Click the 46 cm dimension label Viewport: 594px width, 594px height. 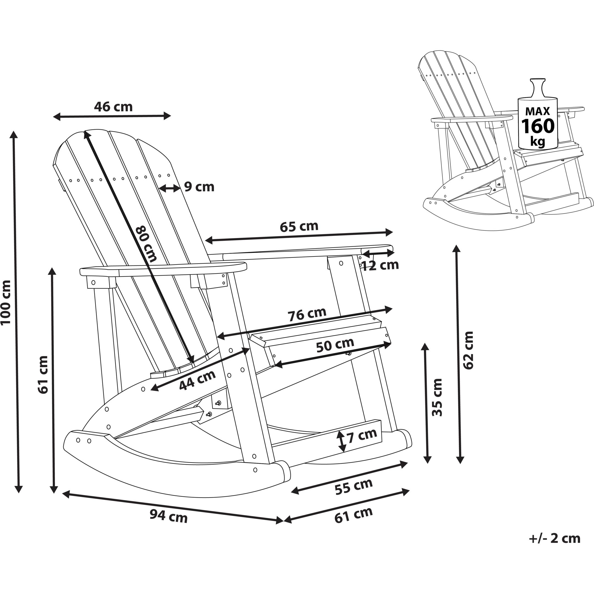[x=113, y=107]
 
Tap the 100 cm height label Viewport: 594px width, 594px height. [x=6, y=302]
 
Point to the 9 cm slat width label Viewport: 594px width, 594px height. [x=199, y=187]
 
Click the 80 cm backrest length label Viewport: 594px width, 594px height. [x=146, y=244]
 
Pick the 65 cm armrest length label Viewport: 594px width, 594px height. [x=299, y=226]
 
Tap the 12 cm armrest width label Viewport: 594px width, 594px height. [x=380, y=265]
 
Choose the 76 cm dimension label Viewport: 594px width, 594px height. [x=306, y=314]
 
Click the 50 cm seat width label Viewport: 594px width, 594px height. [x=335, y=345]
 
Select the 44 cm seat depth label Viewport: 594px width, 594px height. [x=197, y=381]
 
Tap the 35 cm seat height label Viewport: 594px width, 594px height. [x=437, y=397]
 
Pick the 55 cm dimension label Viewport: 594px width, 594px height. [x=353, y=487]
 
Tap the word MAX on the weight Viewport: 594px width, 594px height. [x=537, y=111]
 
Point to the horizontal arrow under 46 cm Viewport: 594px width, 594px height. [x=112, y=116]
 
